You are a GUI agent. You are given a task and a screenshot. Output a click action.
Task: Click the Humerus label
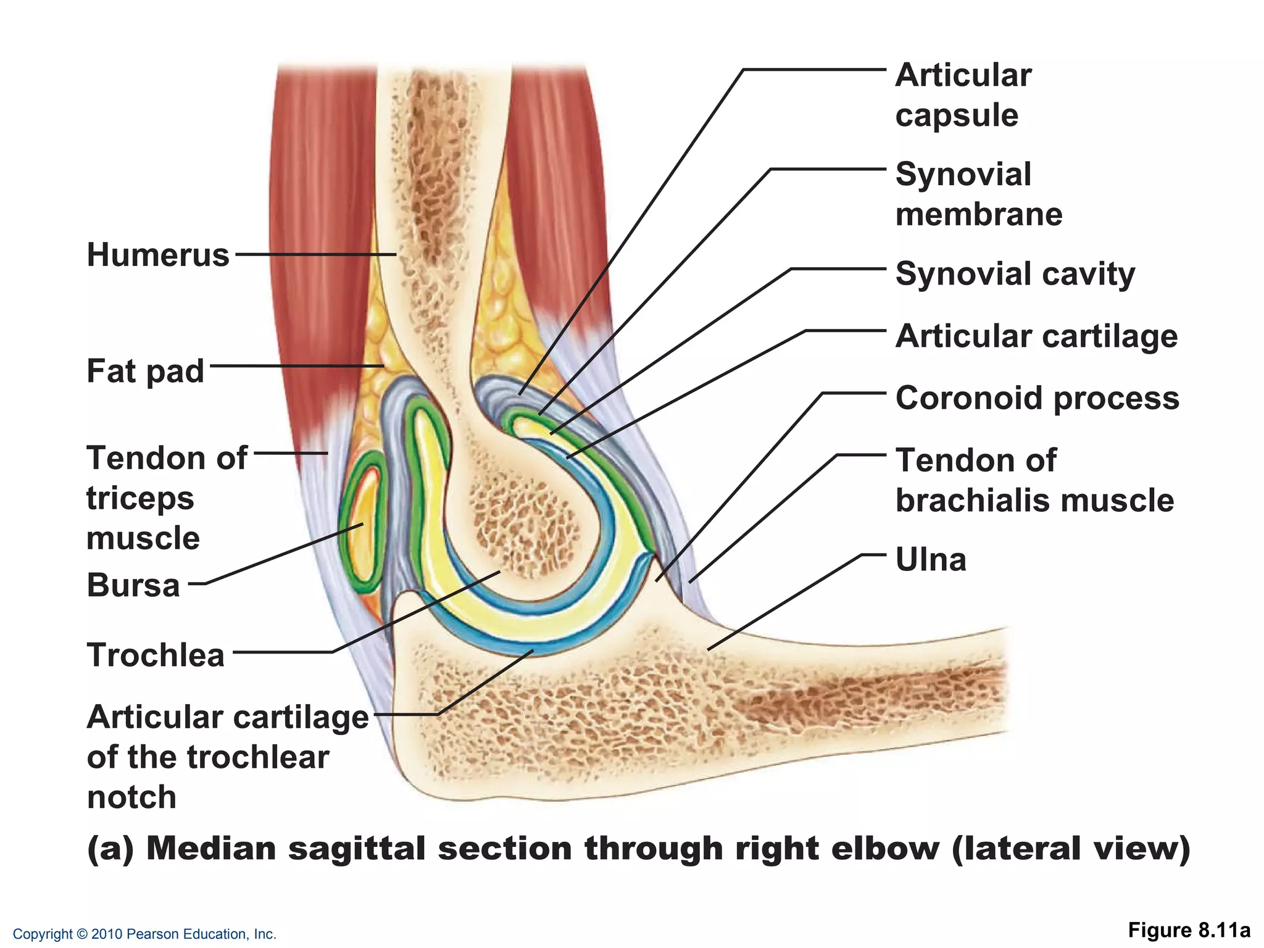point(158,254)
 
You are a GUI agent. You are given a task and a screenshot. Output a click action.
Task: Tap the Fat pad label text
point(145,371)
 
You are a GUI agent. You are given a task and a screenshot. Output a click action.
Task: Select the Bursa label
point(133,584)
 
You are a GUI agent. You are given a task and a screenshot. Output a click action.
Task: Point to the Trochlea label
point(156,654)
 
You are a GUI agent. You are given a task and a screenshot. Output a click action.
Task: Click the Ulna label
point(931,559)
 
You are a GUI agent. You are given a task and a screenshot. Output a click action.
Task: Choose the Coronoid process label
point(1037,398)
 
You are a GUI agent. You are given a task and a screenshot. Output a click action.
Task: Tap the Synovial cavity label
point(1015,273)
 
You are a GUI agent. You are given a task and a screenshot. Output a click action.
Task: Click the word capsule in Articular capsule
point(957,115)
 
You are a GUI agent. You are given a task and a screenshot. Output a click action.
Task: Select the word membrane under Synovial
point(979,214)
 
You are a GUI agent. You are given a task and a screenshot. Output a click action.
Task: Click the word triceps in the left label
point(140,498)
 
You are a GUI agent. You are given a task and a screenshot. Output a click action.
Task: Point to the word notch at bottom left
point(131,797)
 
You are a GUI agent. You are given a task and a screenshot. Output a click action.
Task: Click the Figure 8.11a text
point(1189,930)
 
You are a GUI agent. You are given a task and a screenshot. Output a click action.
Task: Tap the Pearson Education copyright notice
point(144,934)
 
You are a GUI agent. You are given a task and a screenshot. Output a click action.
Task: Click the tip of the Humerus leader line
point(395,254)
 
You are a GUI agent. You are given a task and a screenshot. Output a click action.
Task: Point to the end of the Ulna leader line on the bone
point(709,649)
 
